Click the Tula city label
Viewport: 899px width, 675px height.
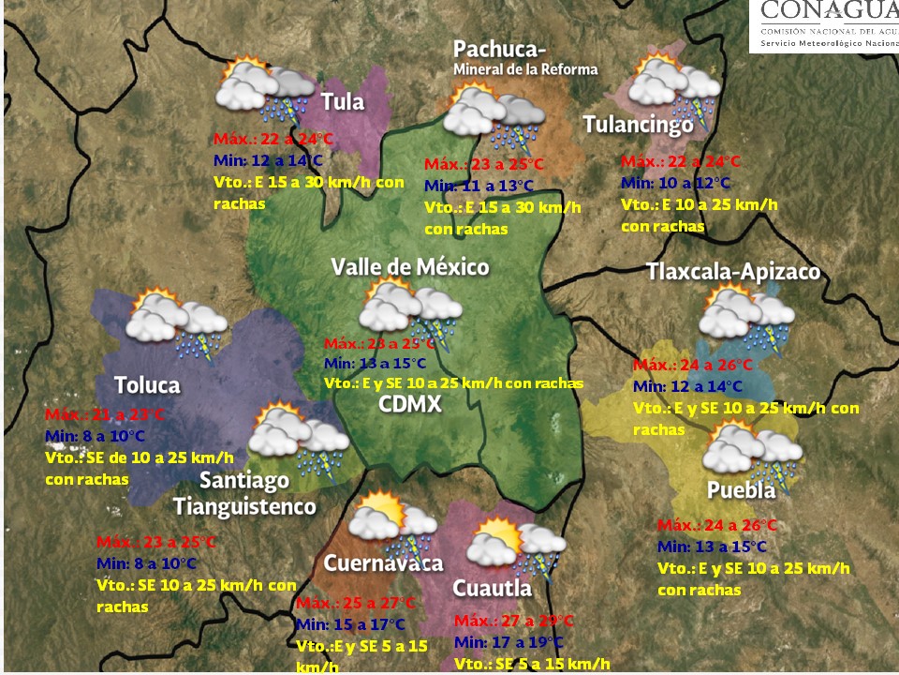343,102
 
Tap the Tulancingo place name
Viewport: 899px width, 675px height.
638,125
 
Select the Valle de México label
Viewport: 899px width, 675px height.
409,268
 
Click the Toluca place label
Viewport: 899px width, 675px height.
147,385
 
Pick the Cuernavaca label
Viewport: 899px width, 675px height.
382,563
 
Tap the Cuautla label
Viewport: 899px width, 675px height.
492,589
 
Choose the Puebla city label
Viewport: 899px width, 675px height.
741,491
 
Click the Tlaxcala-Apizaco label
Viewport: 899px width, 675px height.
733,272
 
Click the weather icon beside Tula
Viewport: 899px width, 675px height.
265,89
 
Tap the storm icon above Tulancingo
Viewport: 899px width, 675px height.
674,86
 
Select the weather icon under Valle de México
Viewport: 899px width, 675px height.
411,311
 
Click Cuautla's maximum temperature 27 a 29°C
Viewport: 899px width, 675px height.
513,622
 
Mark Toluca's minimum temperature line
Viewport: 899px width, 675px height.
96,436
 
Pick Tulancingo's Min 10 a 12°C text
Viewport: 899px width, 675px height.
675,183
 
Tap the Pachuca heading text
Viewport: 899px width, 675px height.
499,49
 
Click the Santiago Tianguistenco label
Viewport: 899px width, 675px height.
244,494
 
